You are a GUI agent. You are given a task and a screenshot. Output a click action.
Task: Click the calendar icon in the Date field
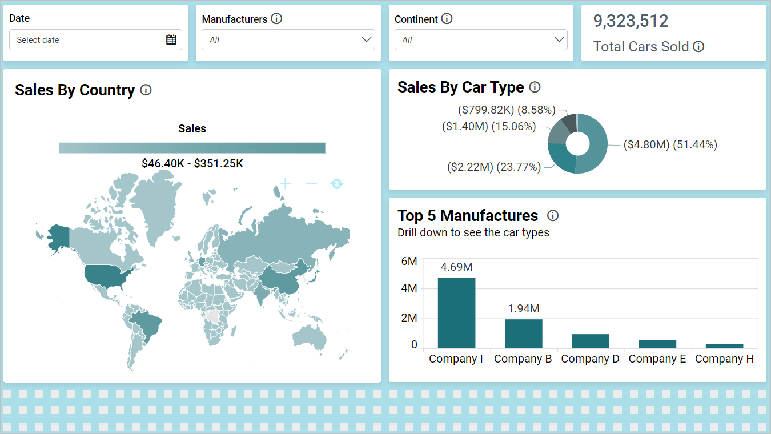(171, 39)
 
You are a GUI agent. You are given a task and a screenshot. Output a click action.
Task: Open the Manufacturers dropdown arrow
(367, 39)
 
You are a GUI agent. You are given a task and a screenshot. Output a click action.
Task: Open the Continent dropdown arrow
(559, 39)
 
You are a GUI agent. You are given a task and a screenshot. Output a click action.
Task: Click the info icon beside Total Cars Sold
(698, 47)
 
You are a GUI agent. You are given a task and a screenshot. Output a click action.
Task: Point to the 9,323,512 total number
(631, 21)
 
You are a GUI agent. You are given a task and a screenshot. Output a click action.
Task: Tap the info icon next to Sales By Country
(146, 90)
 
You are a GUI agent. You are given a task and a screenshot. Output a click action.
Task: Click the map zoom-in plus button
(285, 183)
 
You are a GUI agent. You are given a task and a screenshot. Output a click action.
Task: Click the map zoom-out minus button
(311, 183)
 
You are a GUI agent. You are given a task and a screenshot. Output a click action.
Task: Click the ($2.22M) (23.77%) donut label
(493, 167)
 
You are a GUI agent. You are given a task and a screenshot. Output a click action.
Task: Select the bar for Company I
(456, 313)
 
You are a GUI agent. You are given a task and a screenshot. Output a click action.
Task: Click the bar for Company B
(523, 333)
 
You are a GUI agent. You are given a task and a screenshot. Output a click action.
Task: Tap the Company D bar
(590, 341)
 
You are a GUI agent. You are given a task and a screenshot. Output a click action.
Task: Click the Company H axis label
(724, 359)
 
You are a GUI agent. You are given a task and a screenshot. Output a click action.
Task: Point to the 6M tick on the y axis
(409, 261)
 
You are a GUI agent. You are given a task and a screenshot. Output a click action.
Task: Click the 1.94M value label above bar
(523, 308)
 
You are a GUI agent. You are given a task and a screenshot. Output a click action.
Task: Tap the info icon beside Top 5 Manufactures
(552, 215)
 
